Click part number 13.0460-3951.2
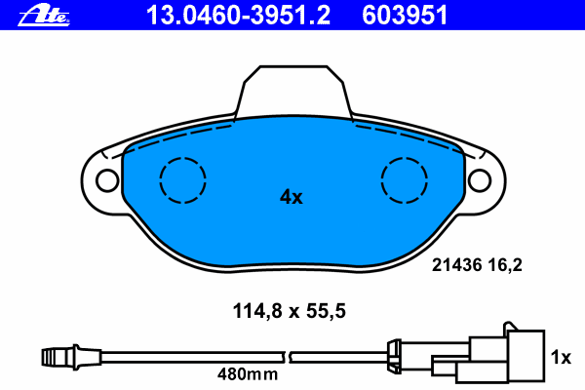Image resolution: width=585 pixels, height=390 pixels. pos(237,14)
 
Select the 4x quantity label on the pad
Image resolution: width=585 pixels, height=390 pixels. pos(292,197)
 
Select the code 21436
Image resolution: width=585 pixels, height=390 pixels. pos(454,263)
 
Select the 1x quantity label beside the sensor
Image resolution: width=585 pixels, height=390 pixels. pos(561,358)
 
